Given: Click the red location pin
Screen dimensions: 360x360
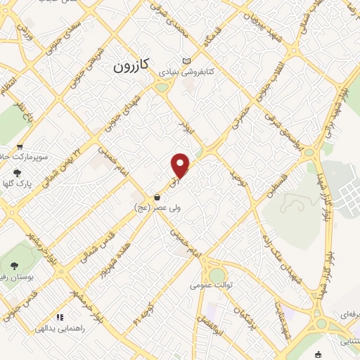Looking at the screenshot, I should (x=181, y=165).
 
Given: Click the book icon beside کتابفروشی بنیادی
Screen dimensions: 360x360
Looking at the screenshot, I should (x=186, y=61).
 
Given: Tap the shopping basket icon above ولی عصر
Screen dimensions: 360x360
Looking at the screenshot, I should (x=157, y=197).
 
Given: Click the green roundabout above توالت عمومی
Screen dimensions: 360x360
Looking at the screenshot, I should (x=217, y=274).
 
